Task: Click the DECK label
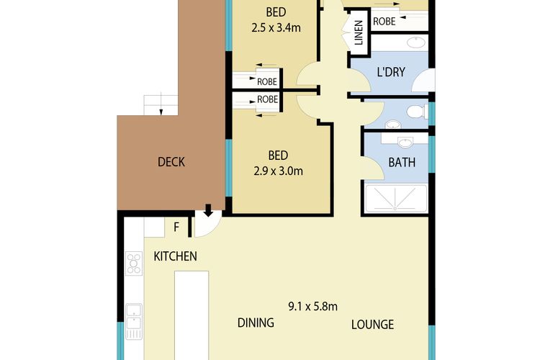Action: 171,162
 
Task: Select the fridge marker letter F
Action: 176,228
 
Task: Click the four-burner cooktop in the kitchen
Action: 134,264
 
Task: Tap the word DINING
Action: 256,323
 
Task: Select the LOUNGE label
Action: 372,325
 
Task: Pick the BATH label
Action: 402,162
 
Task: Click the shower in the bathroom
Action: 397,199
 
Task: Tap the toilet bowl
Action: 414,112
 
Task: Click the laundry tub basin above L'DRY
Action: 415,42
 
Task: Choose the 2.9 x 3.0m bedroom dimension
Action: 278,171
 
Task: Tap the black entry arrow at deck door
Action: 208,210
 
